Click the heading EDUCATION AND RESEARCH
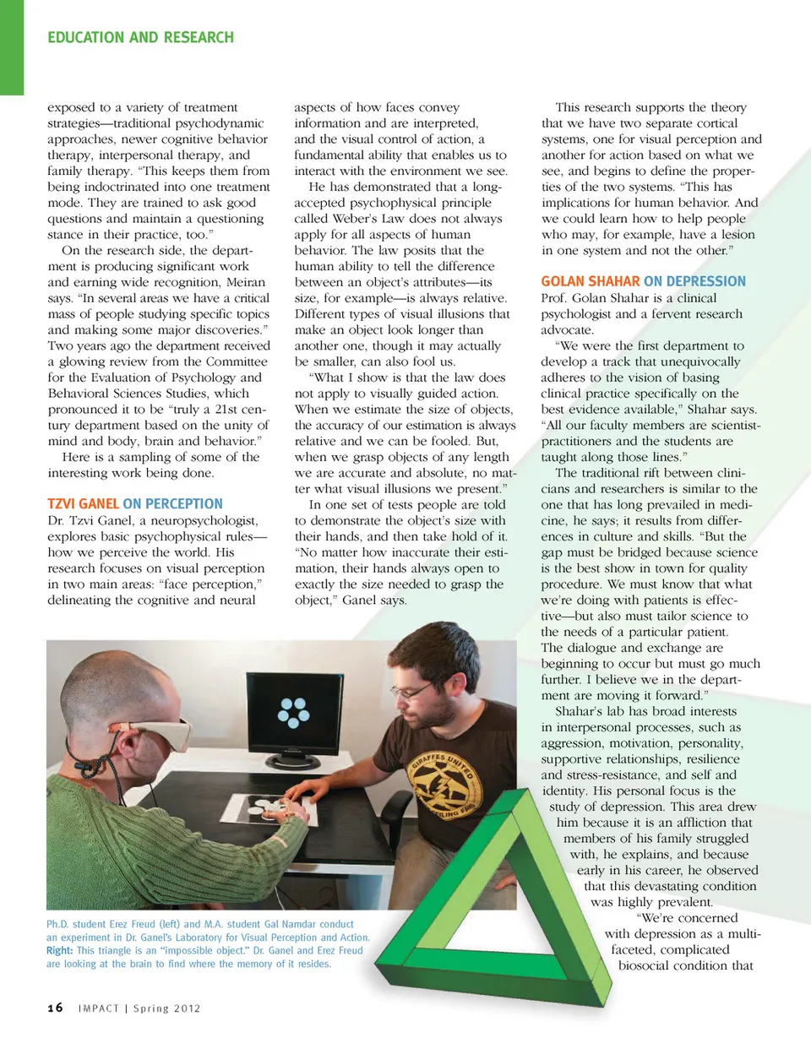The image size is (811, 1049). tap(140, 38)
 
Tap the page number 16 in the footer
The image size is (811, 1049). tap(55, 1008)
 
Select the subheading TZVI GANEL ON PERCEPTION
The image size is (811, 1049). tap(135, 503)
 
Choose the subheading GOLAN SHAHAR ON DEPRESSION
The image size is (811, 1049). tap(643, 281)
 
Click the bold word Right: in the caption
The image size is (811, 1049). tap(59, 950)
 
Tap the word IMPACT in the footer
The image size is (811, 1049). tap(99, 1008)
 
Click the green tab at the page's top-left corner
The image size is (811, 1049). tap(12, 46)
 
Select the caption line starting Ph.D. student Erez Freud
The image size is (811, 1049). tap(200, 924)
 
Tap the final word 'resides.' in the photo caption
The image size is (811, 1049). tap(314, 964)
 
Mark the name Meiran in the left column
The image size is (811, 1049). tap(245, 282)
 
